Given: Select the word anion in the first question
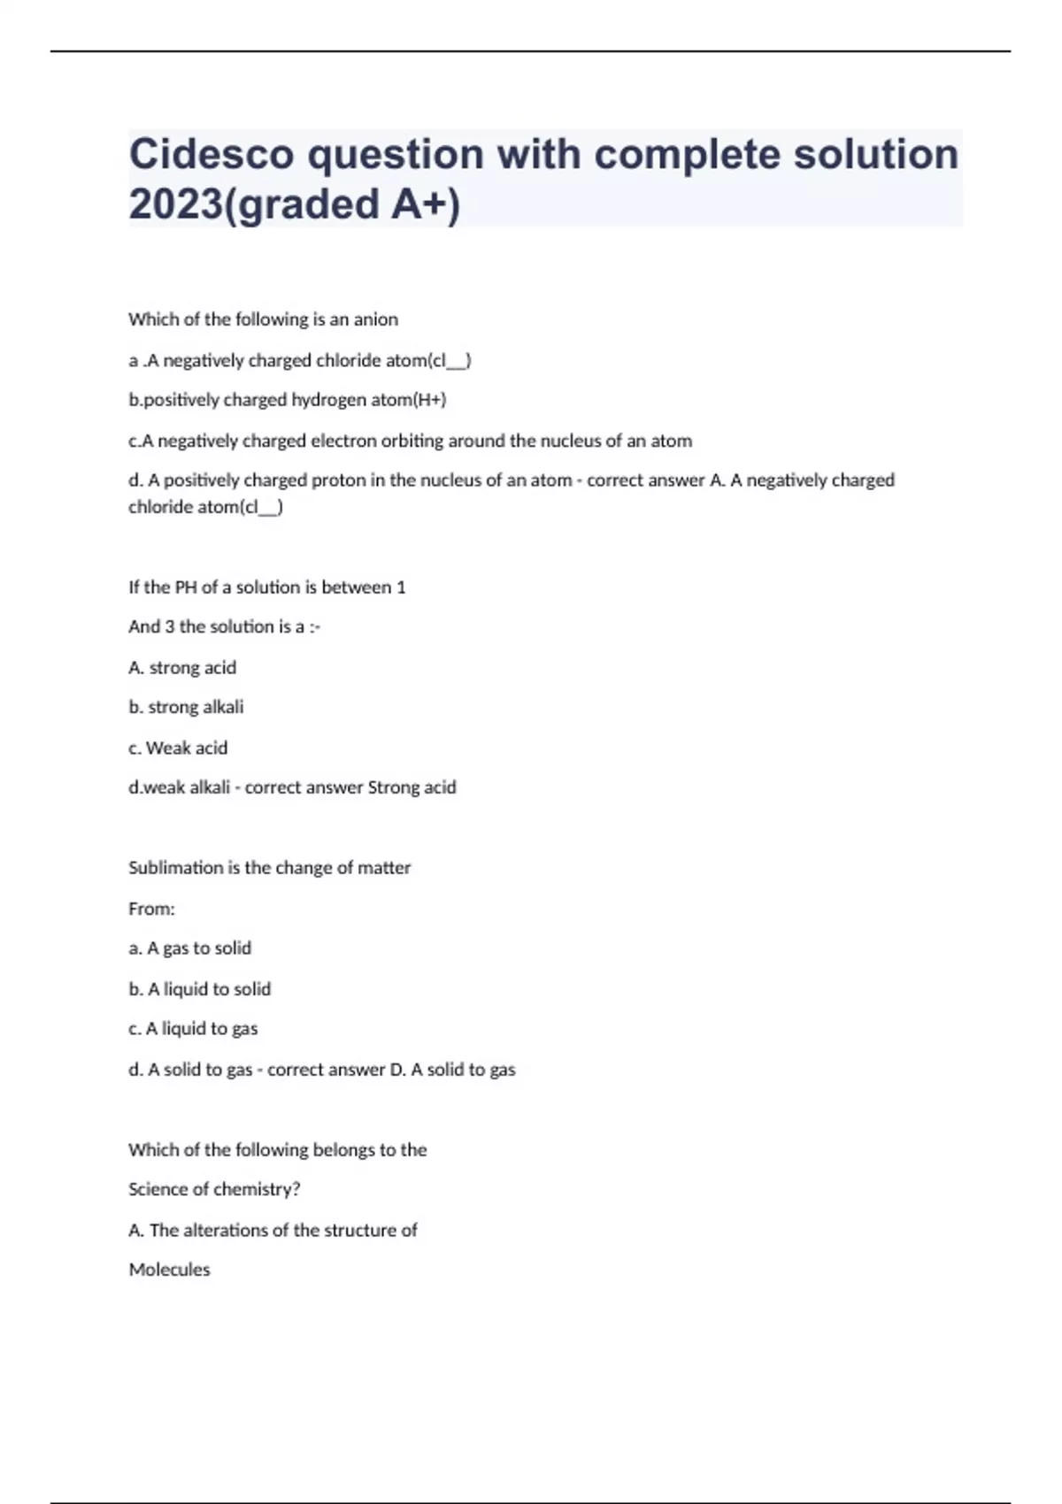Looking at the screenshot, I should point(376,319).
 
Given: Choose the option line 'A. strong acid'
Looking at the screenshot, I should point(182,668).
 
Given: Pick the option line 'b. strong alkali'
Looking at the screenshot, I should point(186,707).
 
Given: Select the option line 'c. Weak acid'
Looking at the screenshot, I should point(178,748).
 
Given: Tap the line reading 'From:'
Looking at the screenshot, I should point(151,909).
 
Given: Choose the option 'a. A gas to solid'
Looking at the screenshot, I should point(189,948).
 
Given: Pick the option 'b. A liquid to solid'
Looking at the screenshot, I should point(199,989).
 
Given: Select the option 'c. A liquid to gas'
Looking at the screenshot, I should point(193,1029).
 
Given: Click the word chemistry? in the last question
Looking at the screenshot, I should point(257,1190).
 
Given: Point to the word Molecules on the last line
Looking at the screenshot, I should point(169,1270).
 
